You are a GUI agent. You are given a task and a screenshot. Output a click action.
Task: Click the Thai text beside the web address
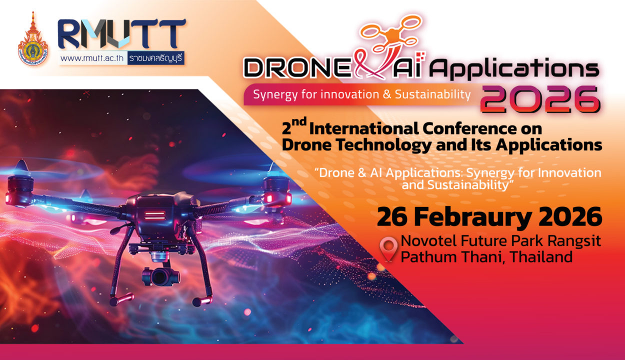[156, 58]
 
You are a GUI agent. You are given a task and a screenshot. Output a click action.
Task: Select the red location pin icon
[388, 248]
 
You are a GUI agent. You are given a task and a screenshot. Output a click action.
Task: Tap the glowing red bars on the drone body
[154, 215]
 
